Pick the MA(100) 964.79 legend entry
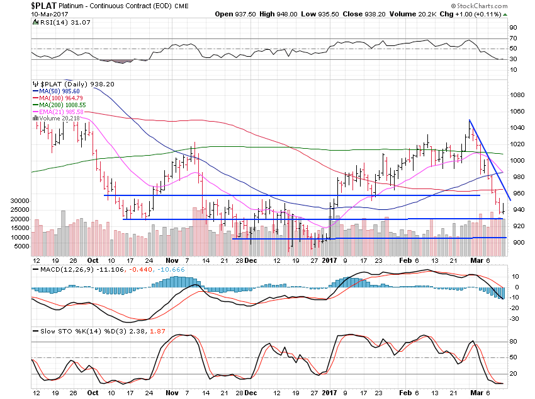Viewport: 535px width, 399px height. pyautogui.click(x=60, y=98)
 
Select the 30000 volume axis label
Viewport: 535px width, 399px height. pyautogui.click(x=20, y=200)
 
